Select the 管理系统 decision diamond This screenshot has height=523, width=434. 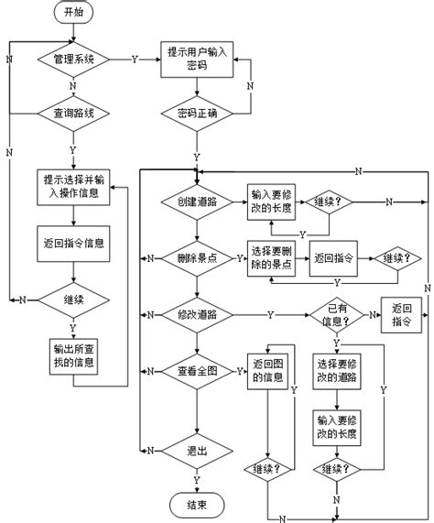tap(72, 59)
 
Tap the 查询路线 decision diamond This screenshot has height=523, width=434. tap(72, 114)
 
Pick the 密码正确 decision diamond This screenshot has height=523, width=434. tap(198, 114)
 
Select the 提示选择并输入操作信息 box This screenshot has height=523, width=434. tap(72, 186)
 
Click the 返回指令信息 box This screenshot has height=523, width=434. tap(72, 243)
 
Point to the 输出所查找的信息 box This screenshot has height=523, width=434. tap(72, 354)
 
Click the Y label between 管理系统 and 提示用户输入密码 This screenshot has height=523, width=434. tap(136, 59)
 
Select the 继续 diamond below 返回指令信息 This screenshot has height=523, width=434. tap(72, 299)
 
